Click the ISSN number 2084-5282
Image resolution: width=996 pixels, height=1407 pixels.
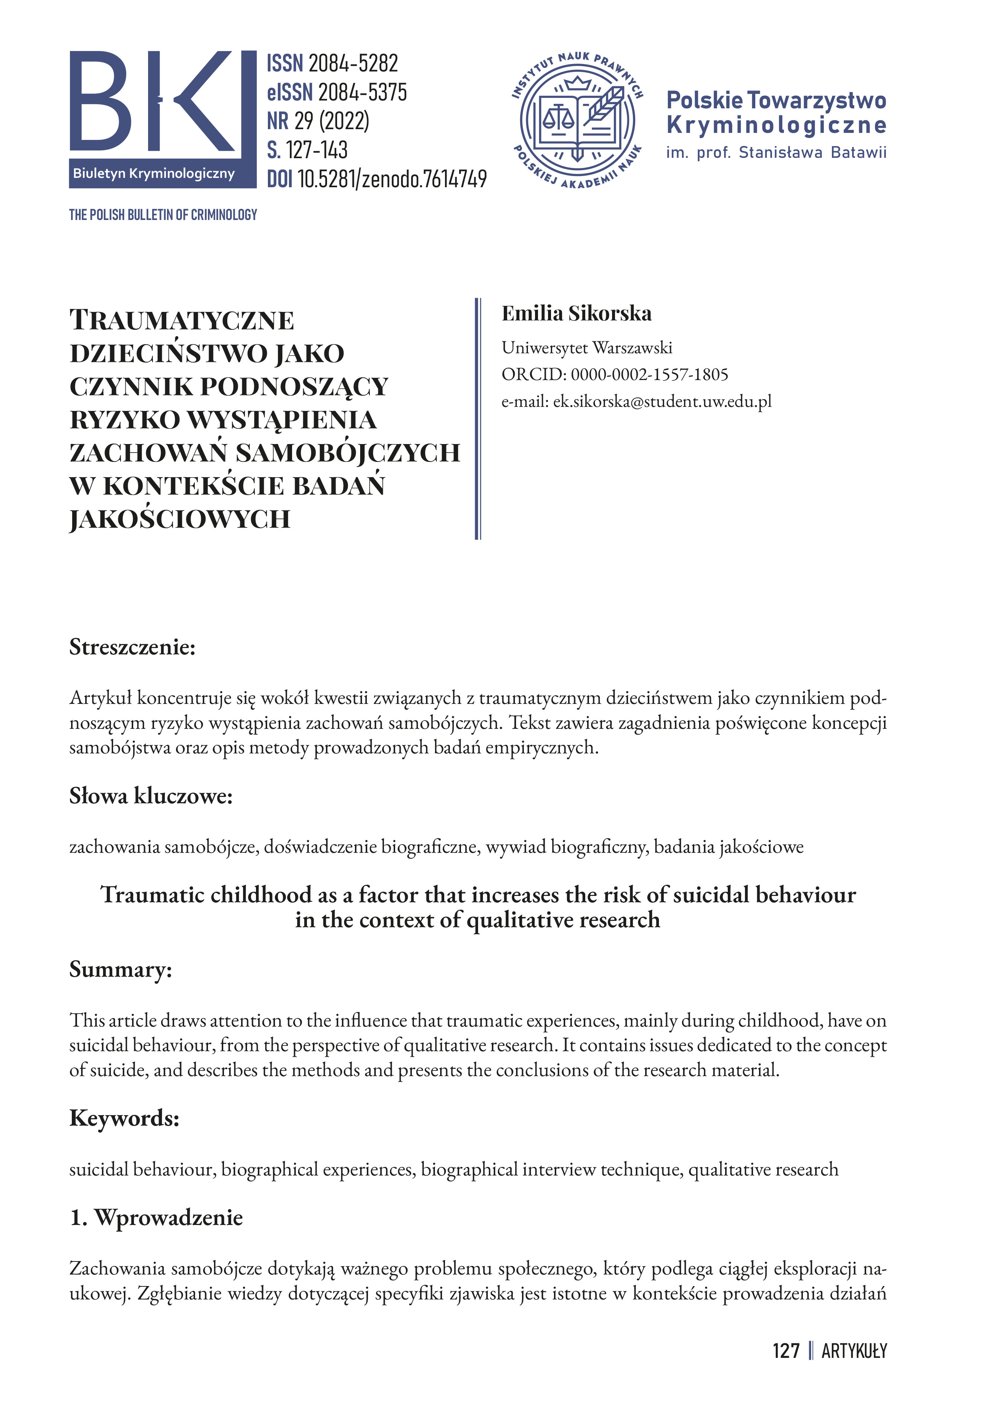353,63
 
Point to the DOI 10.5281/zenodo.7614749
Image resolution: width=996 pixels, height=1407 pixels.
392,179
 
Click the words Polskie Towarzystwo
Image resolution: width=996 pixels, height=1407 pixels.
776,100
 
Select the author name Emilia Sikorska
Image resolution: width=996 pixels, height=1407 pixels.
576,313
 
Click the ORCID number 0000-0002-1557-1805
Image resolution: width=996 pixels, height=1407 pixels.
649,374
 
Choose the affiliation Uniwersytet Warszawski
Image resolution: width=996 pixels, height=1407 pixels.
587,348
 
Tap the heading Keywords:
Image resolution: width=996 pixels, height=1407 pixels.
125,1118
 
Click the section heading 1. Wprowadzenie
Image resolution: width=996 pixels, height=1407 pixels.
156,1218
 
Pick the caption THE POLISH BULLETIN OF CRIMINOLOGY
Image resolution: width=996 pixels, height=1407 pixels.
163,215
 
